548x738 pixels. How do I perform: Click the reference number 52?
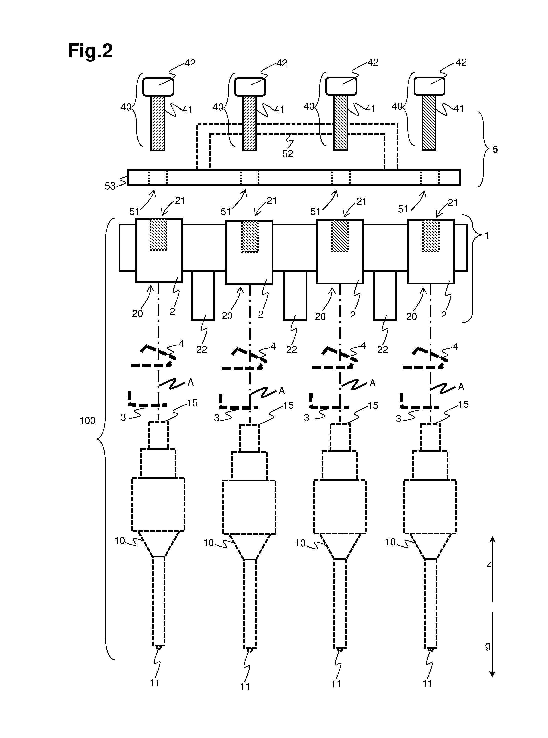(288, 154)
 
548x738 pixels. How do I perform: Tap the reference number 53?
(110, 186)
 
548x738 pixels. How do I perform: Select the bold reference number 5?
(495, 150)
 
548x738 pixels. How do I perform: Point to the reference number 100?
(88, 421)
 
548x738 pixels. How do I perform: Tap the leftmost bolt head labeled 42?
(158, 87)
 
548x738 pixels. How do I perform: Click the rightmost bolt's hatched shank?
(429, 123)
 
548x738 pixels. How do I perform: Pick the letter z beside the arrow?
(489, 564)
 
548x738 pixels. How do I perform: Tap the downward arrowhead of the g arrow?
(493, 674)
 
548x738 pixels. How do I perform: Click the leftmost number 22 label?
(202, 349)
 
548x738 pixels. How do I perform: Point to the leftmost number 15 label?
(192, 403)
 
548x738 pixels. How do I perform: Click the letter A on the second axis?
(282, 391)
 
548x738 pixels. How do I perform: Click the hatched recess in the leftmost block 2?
(158, 234)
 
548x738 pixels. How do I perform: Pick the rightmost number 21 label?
(452, 203)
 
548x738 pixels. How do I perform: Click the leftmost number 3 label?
(123, 418)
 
